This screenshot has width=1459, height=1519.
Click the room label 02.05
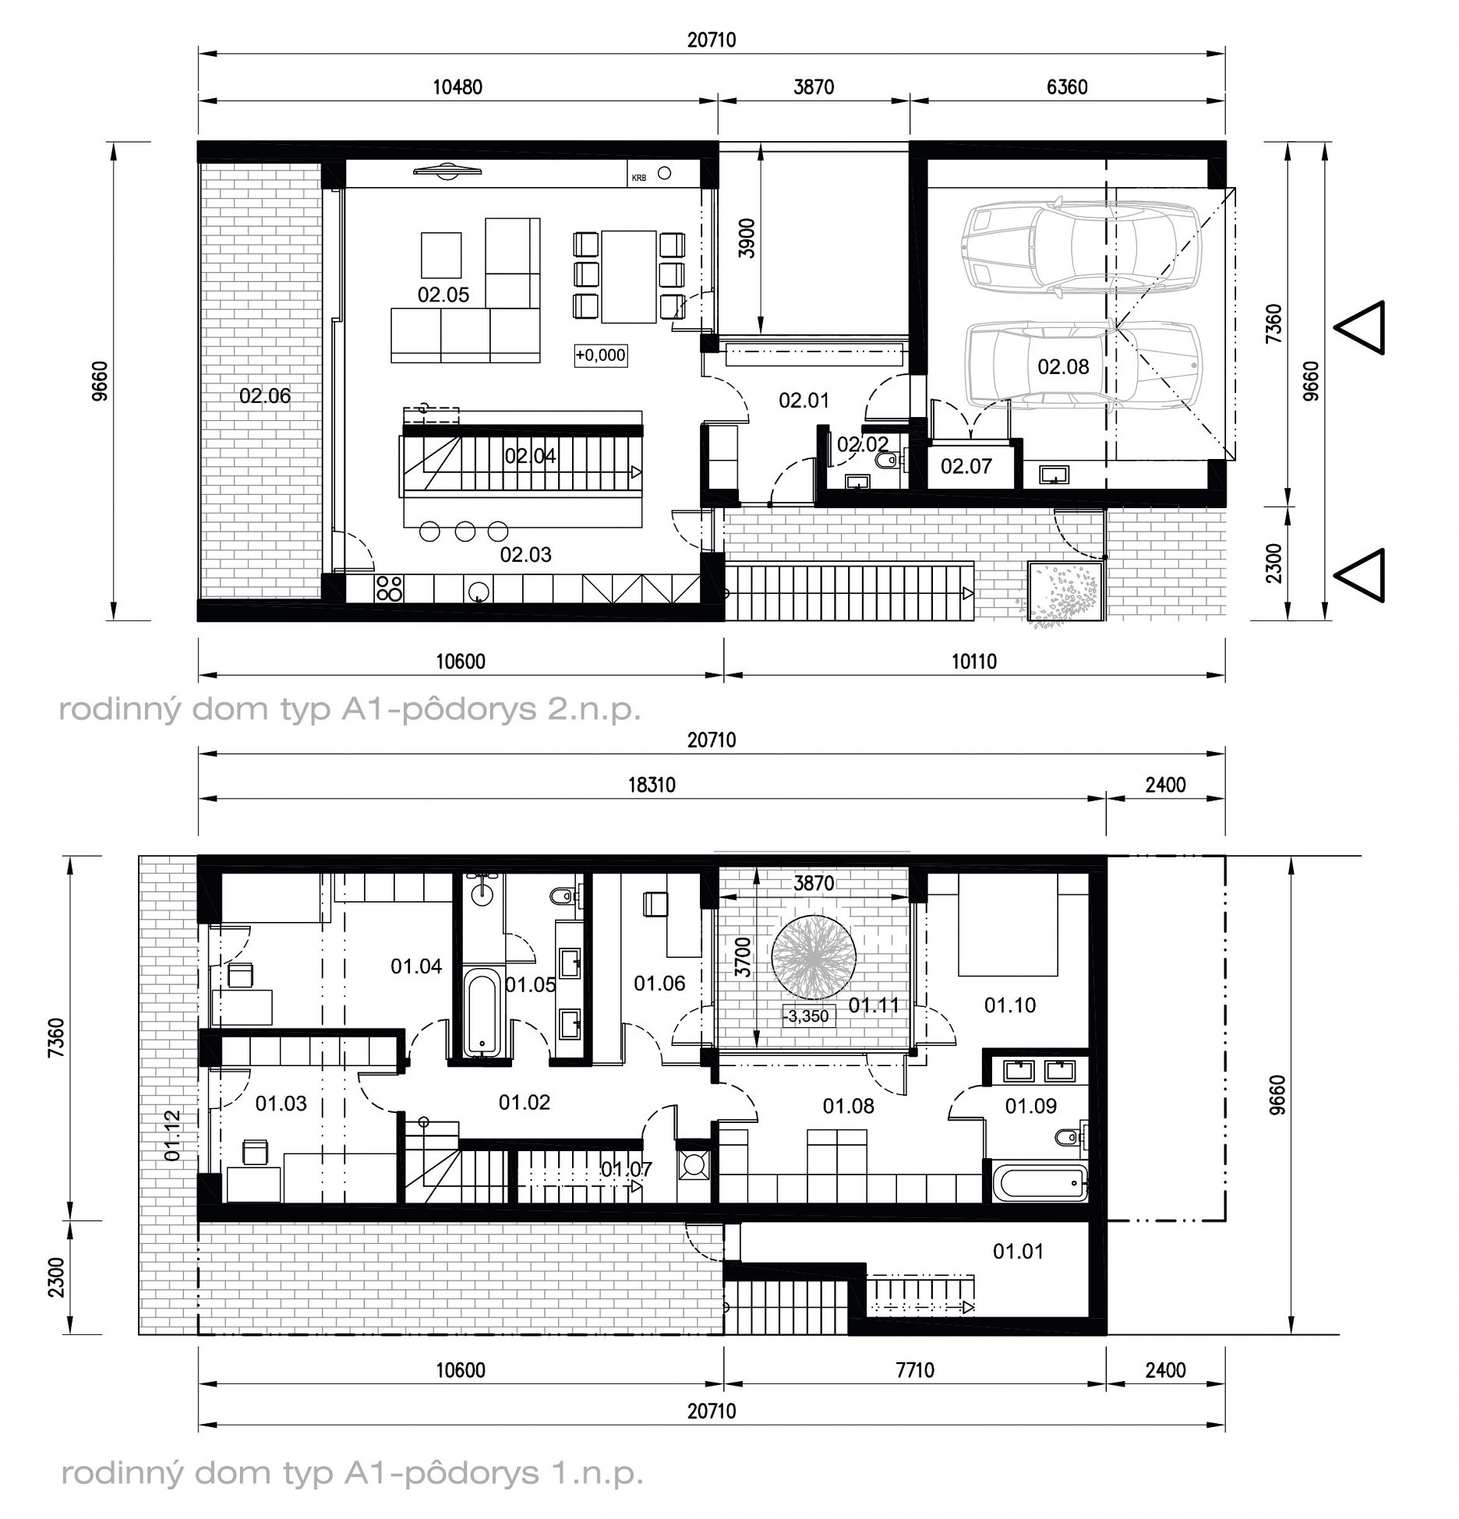point(443,295)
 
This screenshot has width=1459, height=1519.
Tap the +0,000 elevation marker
point(600,355)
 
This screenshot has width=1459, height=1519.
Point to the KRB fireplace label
point(639,178)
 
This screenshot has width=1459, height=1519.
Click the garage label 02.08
point(1063,366)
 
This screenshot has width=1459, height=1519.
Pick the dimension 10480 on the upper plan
point(457,87)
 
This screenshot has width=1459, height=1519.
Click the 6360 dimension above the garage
point(1067,87)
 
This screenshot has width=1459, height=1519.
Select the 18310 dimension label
point(652,785)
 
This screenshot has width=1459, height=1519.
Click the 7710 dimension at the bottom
point(915,1370)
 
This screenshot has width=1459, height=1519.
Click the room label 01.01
point(1018,1251)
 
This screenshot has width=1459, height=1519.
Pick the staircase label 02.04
point(530,456)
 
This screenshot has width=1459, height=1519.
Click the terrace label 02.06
point(265,396)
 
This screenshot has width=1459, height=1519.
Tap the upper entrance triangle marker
point(1360,327)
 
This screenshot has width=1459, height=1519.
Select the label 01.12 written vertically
point(172,1136)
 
